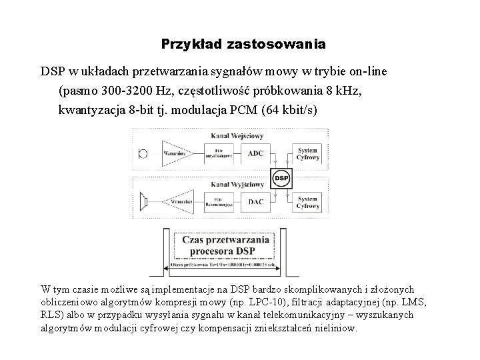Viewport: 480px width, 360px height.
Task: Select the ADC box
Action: [255, 153]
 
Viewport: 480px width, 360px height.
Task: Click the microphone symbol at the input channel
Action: [143, 153]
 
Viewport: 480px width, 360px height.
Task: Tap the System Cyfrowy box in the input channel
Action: [307, 153]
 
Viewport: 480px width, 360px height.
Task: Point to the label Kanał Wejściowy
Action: [236, 136]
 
